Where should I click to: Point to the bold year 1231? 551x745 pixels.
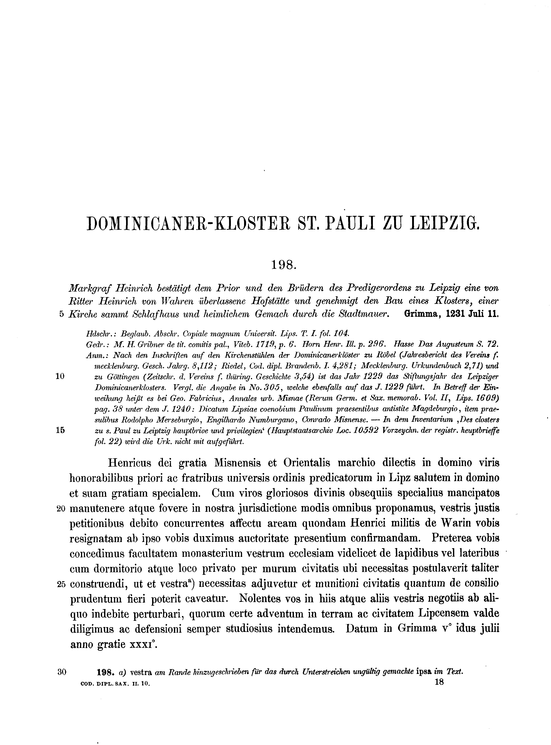tap(455, 314)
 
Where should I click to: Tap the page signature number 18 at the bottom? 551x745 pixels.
tap(439, 682)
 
